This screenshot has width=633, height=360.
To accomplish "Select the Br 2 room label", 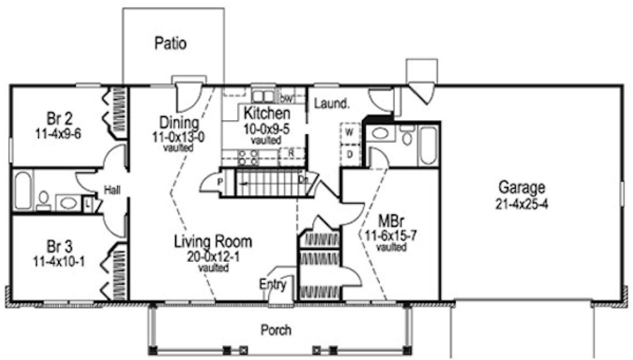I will (56, 119).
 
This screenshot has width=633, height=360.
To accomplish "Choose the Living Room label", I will (212, 242).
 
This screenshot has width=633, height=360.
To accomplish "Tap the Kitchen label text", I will (266, 114).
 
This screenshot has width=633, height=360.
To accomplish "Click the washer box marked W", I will (350, 132).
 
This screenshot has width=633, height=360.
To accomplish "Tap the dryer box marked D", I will (350, 155).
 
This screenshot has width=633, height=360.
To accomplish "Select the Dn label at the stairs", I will (302, 179).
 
